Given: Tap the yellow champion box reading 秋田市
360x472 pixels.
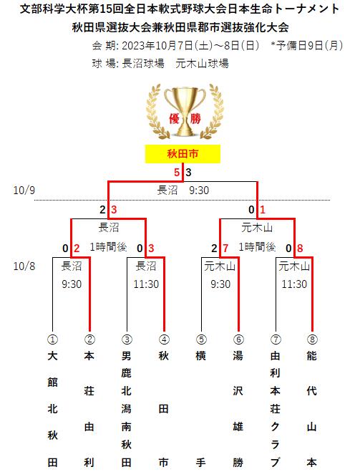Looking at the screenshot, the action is pos(183,154).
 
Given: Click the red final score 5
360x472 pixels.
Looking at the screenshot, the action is pos(177,173).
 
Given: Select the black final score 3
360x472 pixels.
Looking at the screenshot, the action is pos(188,173).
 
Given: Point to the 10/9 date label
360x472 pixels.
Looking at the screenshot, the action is pos(24,191).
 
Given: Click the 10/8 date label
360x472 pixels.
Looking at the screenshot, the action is pos(24,266).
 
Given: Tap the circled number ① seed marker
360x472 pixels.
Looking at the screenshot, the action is pos(53,339).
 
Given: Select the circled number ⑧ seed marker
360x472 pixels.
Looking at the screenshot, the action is pos(312,339).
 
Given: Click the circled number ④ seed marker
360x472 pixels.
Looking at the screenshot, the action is pos(164,339).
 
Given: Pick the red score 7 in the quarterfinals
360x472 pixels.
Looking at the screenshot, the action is pos(225,249).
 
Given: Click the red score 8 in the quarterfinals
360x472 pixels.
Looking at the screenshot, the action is pos(300,249).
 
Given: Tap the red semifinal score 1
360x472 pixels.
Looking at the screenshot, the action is pos(263,210).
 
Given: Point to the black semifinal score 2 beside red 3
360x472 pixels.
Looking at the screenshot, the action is pos(102,210).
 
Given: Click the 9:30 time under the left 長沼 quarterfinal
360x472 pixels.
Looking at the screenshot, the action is pos(72,284).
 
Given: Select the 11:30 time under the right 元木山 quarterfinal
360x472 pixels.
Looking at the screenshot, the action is pos(294,284).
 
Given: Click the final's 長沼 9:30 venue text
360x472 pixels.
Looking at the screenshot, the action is pos(183,191).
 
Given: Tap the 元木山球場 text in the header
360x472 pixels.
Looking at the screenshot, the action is pos(202,64).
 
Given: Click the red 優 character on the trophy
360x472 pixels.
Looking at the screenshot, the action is pos(175,119).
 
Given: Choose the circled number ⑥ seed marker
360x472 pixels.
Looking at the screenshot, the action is pos(238,339).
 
